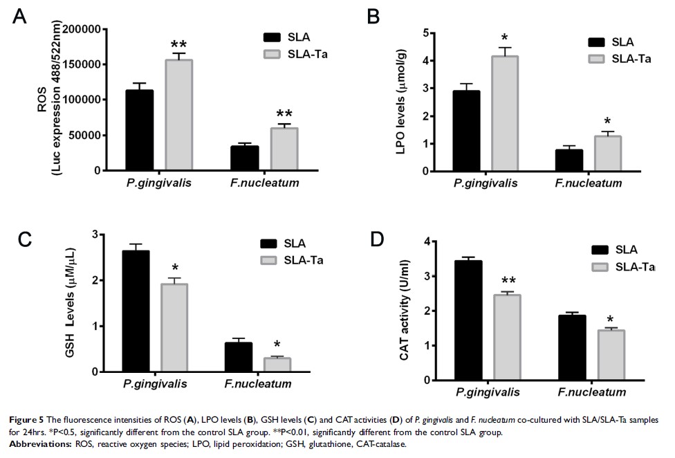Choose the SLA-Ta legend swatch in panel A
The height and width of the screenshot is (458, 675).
(277, 53)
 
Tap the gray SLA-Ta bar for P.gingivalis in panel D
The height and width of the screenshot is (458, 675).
(506, 338)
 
